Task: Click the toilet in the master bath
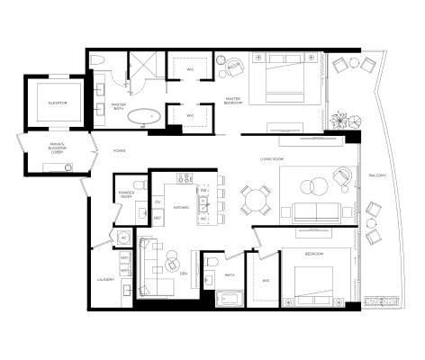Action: click(105, 60)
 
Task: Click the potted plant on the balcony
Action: click(339, 119)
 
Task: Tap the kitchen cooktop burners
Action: click(185, 178)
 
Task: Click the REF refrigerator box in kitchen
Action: click(158, 218)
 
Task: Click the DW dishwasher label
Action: click(204, 192)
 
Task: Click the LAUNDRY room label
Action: click(104, 280)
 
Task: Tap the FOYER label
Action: click(119, 152)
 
